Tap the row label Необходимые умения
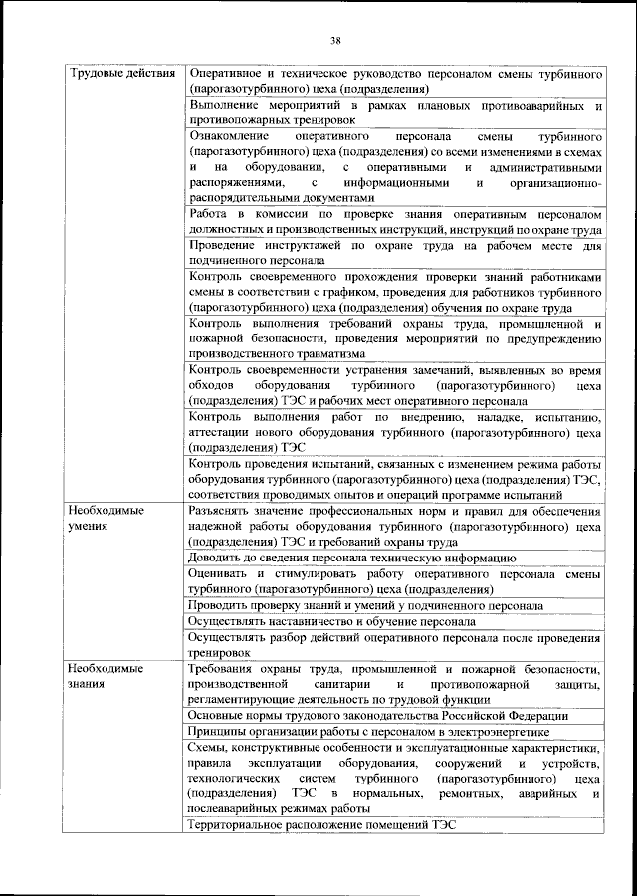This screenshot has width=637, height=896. [x=105, y=518]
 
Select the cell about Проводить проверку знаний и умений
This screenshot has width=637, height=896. [x=365, y=605]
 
